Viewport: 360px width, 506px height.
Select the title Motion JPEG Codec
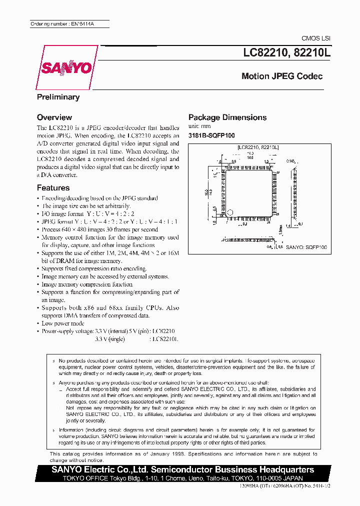282,76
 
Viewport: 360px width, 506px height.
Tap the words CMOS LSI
316,38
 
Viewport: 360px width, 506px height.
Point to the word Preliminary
58,97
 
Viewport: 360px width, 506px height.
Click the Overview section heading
54,117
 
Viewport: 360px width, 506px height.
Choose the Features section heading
53,188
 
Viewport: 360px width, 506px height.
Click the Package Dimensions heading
227,117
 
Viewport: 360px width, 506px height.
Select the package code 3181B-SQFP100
211,135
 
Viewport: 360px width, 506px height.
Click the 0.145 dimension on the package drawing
291,161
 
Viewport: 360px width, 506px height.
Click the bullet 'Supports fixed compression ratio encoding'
94,268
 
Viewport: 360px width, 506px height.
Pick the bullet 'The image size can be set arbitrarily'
86,206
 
